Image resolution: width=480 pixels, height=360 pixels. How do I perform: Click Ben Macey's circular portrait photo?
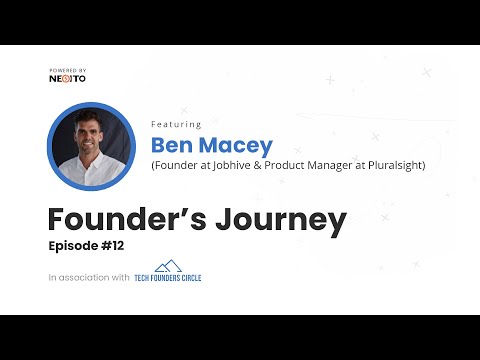tap(90, 145)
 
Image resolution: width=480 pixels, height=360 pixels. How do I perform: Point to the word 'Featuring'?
tap(176, 125)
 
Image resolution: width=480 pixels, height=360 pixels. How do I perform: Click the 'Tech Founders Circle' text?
tap(168, 278)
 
